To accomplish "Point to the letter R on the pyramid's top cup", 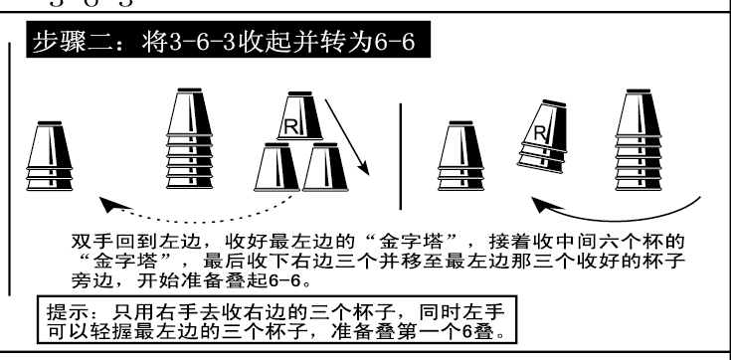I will tap(291, 124).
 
